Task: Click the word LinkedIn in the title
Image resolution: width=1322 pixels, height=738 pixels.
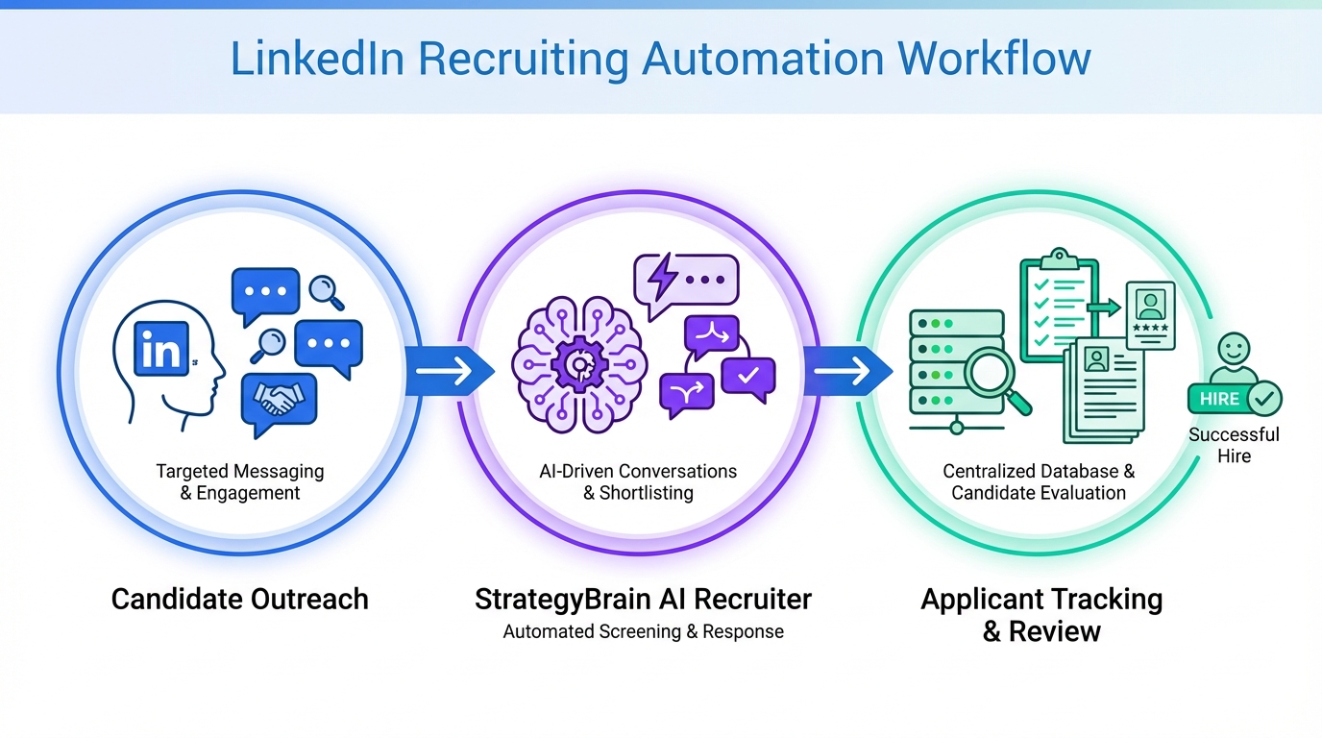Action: click(316, 60)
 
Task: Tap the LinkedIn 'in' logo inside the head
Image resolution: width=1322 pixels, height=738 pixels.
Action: click(161, 352)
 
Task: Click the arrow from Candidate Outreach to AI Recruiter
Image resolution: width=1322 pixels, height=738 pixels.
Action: click(448, 370)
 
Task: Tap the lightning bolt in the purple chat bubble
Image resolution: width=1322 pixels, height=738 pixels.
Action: click(663, 279)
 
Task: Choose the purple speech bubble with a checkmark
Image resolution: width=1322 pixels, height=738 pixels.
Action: click(747, 375)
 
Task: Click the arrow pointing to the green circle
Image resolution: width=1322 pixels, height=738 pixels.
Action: click(846, 370)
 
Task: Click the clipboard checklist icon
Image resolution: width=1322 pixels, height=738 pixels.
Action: click(1059, 306)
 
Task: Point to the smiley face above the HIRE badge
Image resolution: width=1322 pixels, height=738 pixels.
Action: click(1234, 349)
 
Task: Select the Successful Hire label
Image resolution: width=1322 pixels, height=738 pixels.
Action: click(1234, 446)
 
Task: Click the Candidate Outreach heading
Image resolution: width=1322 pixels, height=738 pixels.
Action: click(239, 600)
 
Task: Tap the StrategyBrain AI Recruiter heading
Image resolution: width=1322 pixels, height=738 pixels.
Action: click(643, 600)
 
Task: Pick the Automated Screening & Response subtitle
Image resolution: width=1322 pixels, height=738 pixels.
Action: click(643, 632)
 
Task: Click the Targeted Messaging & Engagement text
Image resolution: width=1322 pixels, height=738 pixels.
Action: click(239, 482)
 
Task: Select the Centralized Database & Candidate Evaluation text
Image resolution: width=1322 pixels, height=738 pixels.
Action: click(1039, 482)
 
